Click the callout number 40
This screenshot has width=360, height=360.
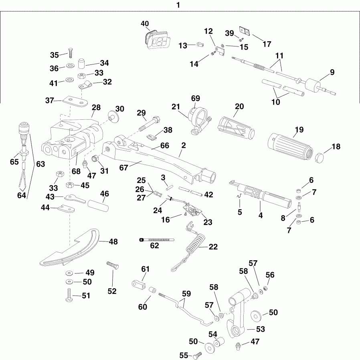[x=144, y=24]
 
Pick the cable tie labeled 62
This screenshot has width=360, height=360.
[x=157, y=239]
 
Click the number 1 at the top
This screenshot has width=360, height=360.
[x=178, y=5]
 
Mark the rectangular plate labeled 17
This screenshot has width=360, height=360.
[x=244, y=30]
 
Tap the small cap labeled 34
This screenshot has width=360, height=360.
[x=82, y=63]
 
